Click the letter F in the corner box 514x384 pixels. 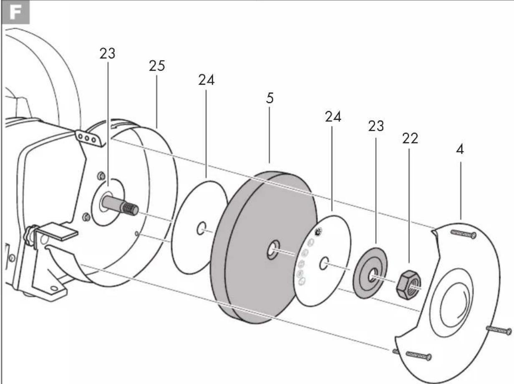tap(15, 12)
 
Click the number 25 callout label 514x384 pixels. tap(157, 66)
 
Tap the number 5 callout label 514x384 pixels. tap(270, 98)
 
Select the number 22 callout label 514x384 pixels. tap(410, 139)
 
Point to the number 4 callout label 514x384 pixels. tap(460, 149)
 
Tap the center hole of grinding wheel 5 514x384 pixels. tap(273, 250)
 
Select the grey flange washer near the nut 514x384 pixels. tap(370, 273)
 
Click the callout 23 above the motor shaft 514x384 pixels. tap(108, 54)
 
